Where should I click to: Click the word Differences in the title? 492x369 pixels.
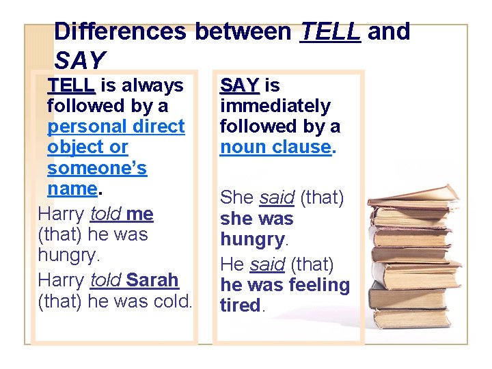(x=120, y=31)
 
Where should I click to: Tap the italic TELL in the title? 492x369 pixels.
(x=330, y=31)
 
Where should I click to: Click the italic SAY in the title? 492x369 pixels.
(x=79, y=61)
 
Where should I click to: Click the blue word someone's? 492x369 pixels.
(x=97, y=167)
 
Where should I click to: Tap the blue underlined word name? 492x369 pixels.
(x=72, y=188)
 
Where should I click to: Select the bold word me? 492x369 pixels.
(x=139, y=214)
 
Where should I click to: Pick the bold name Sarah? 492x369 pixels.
(x=152, y=280)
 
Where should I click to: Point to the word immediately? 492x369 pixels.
(x=275, y=106)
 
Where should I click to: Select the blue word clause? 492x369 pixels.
(x=301, y=147)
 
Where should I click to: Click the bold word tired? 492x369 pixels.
(x=240, y=305)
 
